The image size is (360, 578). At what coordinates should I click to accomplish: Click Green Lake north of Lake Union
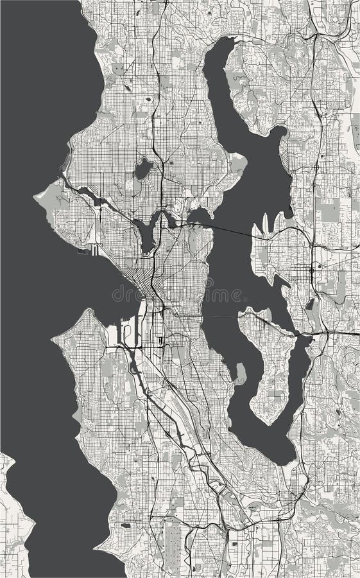pos(142,170)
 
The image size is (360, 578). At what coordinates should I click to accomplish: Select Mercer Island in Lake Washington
pos(270,360)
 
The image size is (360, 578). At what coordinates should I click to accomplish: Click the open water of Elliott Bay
pos(96,283)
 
